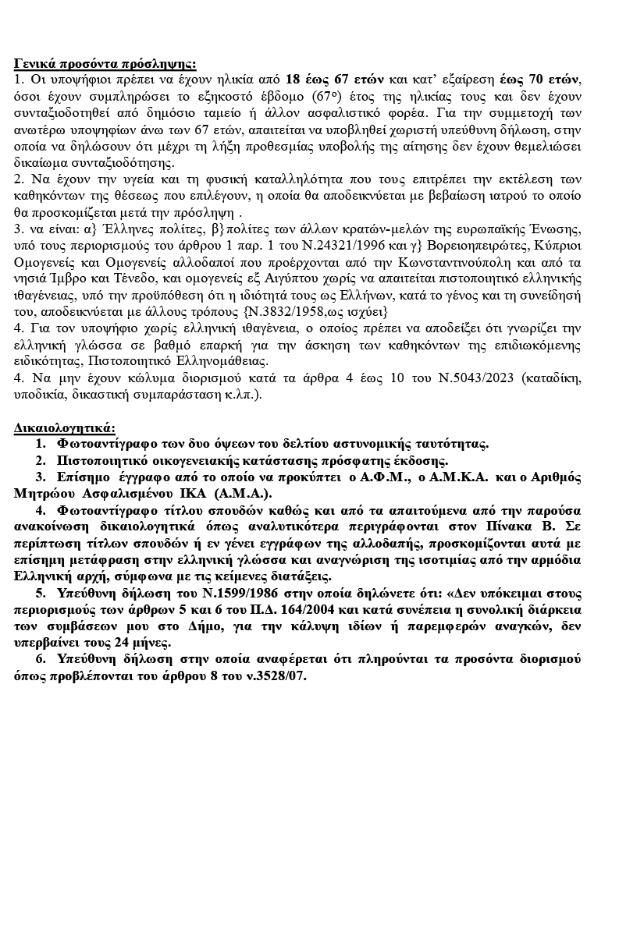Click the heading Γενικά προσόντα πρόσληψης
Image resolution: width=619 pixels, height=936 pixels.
coord(105,64)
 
